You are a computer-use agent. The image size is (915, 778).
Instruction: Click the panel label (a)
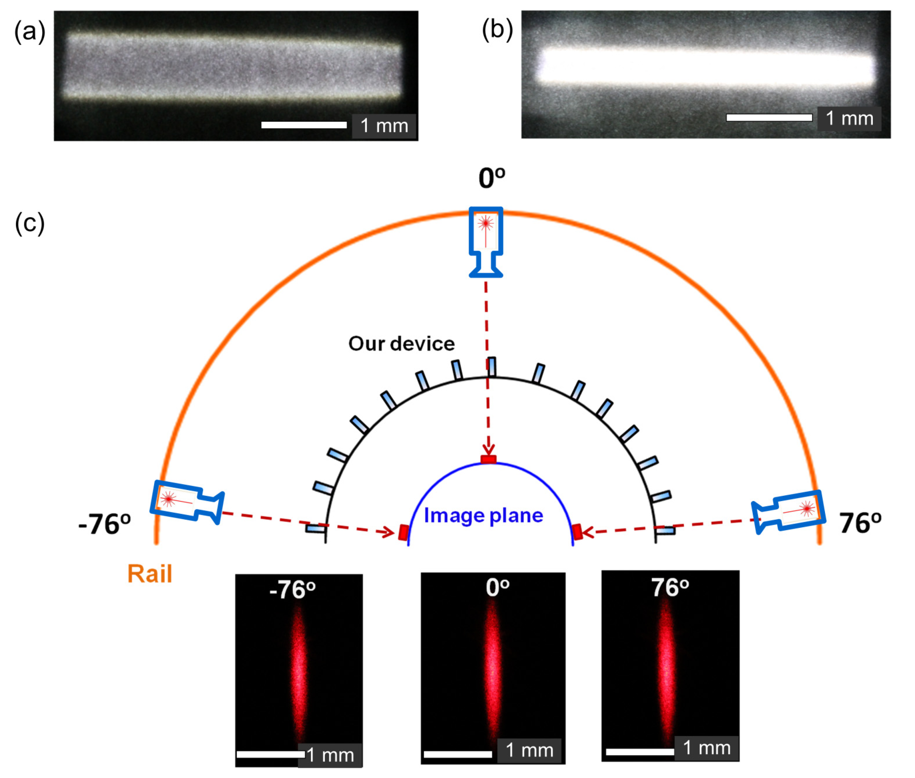[x=30, y=32]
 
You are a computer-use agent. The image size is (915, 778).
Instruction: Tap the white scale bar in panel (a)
[x=304, y=125]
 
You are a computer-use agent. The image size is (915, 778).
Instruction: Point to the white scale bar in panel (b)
[x=769, y=117]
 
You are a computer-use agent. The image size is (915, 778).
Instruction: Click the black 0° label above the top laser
[x=492, y=179]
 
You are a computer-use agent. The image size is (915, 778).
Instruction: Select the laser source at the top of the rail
[x=486, y=241]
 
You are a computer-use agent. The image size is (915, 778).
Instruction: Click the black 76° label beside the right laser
[x=860, y=523]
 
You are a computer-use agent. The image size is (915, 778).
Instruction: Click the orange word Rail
[x=150, y=574]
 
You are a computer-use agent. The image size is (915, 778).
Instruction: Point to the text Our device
[x=401, y=344]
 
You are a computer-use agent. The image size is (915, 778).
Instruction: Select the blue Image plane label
[x=483, y=515]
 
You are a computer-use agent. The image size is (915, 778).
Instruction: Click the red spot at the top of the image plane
[x=489, y=460]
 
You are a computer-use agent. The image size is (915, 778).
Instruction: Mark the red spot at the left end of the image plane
[x=403, y=532]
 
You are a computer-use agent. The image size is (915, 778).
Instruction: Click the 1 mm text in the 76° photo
[x=706, y=748]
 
